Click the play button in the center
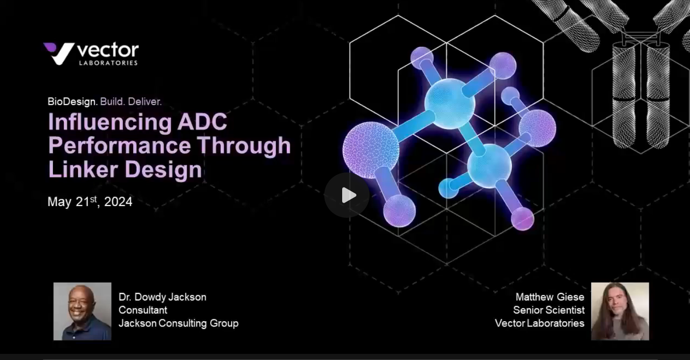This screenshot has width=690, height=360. (347, 195)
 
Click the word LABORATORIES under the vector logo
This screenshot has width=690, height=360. (108, 62)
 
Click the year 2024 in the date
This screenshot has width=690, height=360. (118, 202)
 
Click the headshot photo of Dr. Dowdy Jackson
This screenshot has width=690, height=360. (82, 311)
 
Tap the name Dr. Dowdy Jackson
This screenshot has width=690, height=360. (162, 297)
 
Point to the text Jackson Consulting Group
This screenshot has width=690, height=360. (178, 323)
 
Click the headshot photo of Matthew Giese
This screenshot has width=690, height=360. (620, 311)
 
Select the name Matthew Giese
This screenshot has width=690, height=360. (550, 297)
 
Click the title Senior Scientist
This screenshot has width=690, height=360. (549, 310)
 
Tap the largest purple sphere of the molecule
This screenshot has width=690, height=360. (371, 150)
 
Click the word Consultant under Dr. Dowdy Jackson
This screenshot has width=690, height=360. (143, 310)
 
